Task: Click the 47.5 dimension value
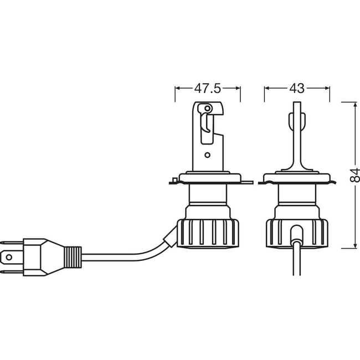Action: coord(208,88)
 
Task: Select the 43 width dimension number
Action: coord(297,88)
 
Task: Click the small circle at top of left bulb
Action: coord(207,107)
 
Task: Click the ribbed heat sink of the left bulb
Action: coord(208,232)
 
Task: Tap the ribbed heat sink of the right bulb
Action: coord(297,232)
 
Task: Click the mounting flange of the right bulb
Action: coord(297,179)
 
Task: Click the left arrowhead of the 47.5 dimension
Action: coord(177,88)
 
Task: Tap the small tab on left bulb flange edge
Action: coord(174,179)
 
